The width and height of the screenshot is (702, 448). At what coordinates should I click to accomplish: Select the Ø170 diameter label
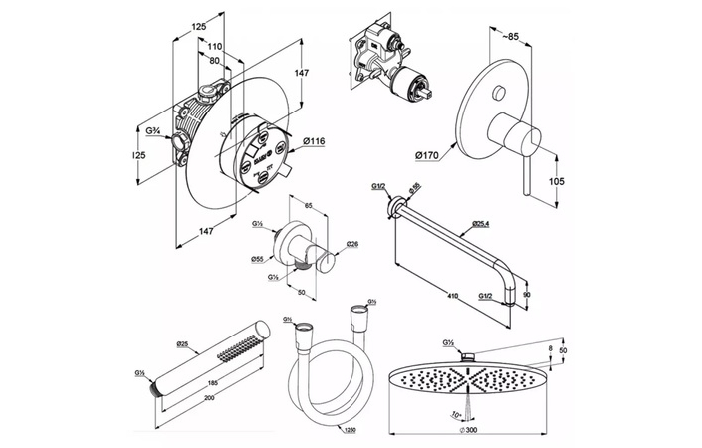tap(428, 155)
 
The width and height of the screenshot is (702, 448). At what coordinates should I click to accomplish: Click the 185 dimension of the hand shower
tap(211, 381)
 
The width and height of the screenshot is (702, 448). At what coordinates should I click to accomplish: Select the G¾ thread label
tap(152, 129)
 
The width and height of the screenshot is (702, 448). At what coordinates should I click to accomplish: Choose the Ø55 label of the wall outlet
tap(257, 258)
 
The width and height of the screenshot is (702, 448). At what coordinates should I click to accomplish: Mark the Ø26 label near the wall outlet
tap(351, 244)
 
